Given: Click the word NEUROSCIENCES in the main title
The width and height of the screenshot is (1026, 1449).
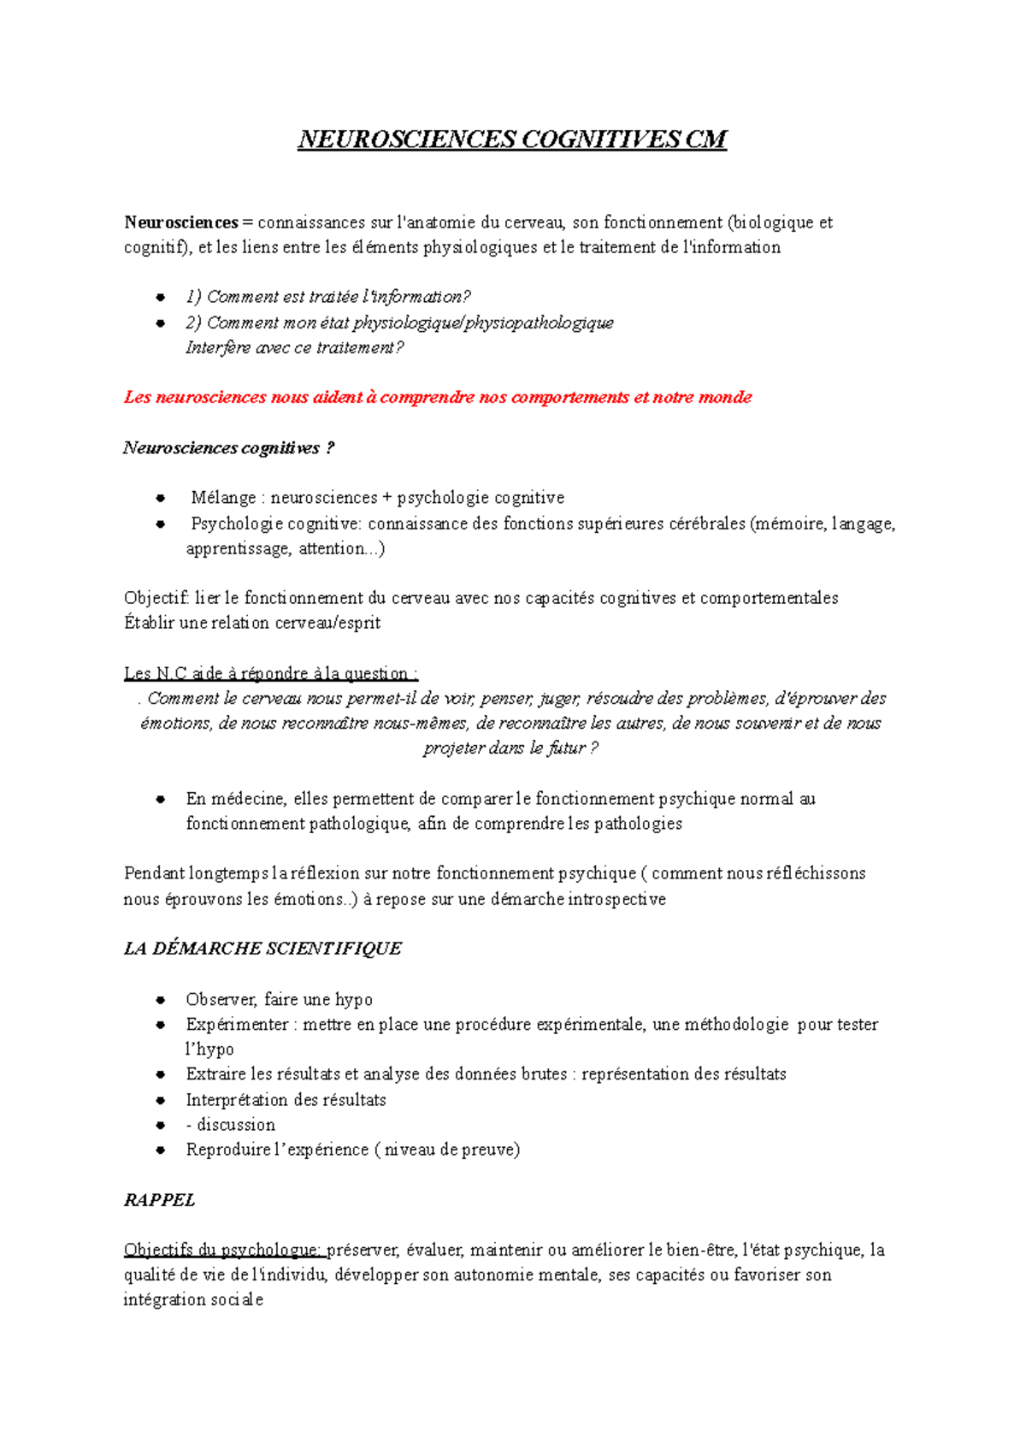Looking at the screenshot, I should [x=407, y=139].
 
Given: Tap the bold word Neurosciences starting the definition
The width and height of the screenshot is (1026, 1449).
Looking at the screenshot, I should [x=180, y=222].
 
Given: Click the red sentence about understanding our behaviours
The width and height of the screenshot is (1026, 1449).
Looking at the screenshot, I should [x=438, y=397].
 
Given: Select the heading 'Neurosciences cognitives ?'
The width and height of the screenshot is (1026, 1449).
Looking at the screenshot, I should [x=228, y=447].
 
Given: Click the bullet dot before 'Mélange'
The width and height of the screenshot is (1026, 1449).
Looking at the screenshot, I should [x=160, y=498].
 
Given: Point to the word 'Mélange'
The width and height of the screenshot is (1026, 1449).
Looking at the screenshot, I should [x=223, y=498].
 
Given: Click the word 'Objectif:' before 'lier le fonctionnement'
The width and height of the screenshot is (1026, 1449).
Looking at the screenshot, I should [x=156, y=598].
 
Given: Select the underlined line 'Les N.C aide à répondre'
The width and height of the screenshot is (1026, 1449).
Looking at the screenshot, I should [x=270, y=673].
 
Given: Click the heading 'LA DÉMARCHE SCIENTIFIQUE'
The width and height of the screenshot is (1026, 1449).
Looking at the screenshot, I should [x=262, y=949].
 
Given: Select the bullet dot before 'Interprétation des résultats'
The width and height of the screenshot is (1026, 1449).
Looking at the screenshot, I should [x=160, y=1100].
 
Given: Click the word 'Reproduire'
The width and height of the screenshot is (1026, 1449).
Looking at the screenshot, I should [x=224, y=1150].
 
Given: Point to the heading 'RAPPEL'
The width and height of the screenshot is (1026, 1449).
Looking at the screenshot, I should [x=159, y=1200].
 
